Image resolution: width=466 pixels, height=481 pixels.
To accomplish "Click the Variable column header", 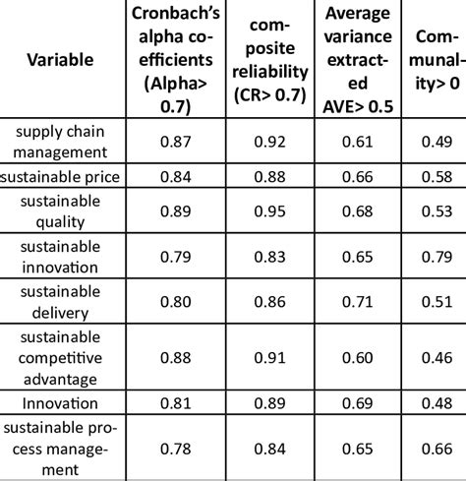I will [61, 59].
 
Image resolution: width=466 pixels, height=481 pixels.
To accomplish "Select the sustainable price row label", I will [61, 177].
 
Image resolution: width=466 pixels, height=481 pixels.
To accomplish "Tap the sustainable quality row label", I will [61, 212].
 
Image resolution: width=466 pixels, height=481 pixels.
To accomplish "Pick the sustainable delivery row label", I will [61, 303].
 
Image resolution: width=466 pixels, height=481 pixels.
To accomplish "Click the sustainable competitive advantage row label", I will [61, 358].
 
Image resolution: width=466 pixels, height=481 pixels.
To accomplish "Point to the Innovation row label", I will [61, 403].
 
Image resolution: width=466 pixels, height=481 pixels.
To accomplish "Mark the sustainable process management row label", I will [61, 449].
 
